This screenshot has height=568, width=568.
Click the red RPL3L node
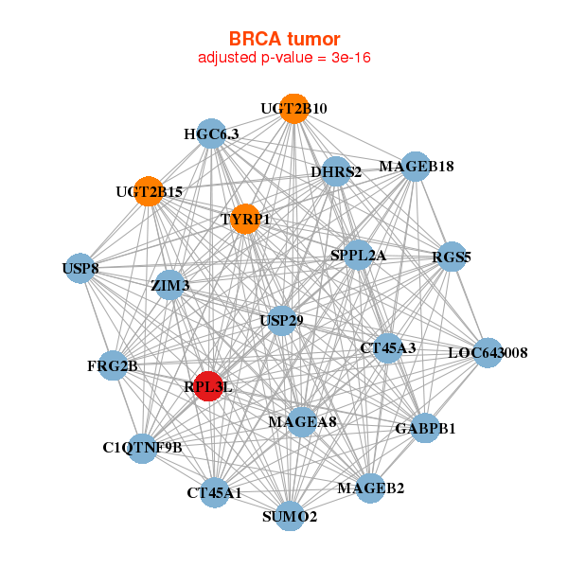[x=208, y=386]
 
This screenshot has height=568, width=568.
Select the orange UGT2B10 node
[x=293, y=109]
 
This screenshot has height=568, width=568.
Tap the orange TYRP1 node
[x=245, y=219]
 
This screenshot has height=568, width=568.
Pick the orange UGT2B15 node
[x=148, y=191]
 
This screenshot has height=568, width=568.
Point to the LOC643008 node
[x=488, y=353]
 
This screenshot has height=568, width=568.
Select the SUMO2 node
[x=291, y=516]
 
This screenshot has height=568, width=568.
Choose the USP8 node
[x=80, y=270]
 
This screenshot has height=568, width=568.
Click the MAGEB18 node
[x=417, y=167]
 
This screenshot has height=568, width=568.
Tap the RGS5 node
[x=452, y=257]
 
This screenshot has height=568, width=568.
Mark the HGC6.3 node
[x=211, y=134]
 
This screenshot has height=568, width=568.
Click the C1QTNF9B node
[x=142, y=447]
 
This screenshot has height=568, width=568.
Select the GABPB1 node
[x=425, y=428]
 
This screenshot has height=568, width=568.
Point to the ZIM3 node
[x=169, y=285]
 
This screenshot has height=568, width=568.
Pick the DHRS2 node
[x=336, y=172]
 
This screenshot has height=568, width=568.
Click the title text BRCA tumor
[x=283, y=39]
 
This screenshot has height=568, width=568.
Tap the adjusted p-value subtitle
[x=283, y=59]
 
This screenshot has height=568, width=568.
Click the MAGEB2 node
[x=370, y=488]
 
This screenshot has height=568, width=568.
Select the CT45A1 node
[x=214, y=492]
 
